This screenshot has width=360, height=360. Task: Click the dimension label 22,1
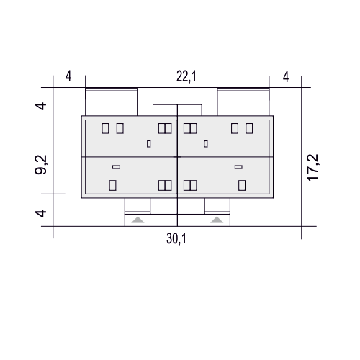[x=186, y=77]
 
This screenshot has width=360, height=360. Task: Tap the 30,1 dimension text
[x=176, y=239]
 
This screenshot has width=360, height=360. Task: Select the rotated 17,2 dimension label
[x=313, y=168]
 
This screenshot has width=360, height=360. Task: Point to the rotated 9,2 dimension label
[x=41, y=165]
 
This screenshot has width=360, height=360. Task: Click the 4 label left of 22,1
[x=68, y=77]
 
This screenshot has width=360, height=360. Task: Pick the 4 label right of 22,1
[x=286, y=77]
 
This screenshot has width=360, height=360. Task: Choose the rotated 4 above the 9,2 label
[x=41, y=106]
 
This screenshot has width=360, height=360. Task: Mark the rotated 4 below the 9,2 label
[x=41, y=213]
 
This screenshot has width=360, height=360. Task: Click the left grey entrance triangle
[x=138, y=220]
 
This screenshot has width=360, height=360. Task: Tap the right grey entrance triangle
[x=217, y=220]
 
